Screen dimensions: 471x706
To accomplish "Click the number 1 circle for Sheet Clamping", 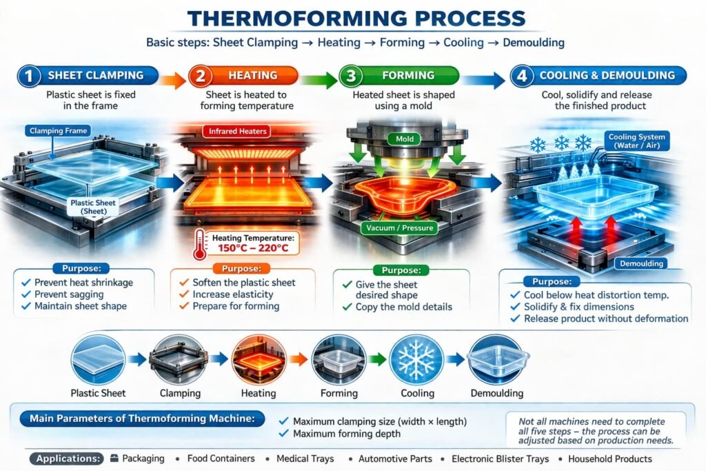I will pos(29,76).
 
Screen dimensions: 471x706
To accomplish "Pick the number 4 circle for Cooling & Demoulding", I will pos(523,76).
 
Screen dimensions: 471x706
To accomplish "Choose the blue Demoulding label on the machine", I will pos(641,263).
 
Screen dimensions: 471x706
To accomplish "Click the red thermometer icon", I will pos(200,245).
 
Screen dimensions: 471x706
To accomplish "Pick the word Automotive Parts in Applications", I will pos(398,459).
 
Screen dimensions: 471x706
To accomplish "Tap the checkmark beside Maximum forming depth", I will pos(282,434).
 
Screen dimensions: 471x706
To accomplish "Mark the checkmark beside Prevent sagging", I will pos(26,294).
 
